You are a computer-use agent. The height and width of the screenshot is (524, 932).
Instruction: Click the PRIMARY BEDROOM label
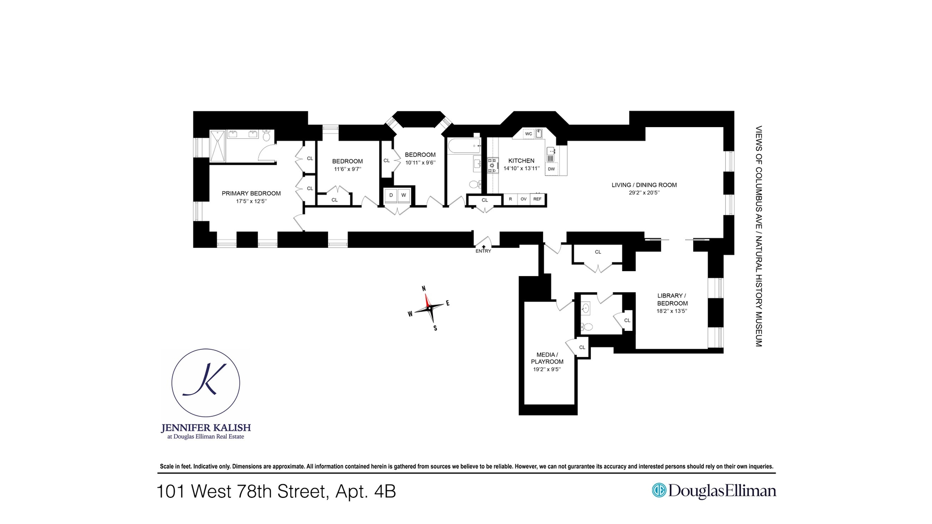[251, 193]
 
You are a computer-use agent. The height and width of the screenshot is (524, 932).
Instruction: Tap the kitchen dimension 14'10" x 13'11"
[521, 168]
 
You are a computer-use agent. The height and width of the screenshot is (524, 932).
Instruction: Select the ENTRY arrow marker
[483, 247]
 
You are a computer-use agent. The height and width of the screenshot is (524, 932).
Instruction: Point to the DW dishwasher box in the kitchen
[551, 169]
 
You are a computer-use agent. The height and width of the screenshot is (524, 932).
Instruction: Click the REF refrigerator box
[537, 199]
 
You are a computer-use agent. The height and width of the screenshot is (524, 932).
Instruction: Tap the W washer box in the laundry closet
[403, 196]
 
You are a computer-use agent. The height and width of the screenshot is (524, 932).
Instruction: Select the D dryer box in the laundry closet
[391, 196]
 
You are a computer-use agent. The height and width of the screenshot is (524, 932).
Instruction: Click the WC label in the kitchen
[529, 134]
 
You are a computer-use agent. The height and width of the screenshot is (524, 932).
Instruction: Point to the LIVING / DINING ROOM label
[644, 185]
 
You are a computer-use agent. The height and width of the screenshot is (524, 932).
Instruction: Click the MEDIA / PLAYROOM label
[547, 358]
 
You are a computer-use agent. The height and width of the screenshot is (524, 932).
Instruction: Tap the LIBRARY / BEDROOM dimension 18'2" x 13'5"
[672, 311]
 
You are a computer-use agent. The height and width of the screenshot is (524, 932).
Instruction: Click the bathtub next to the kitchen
[464, 146]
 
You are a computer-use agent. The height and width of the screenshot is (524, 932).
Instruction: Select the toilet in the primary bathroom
[266, 135]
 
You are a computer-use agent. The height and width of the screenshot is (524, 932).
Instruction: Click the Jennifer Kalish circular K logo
[206, 383]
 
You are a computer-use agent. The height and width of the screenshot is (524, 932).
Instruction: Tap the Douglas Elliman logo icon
[659, 491]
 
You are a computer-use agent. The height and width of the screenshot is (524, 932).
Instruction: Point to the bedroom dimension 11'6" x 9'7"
[348, 169]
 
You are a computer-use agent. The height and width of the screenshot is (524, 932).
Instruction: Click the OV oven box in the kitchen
[523, 199]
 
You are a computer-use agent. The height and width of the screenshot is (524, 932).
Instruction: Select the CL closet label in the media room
[582, 347]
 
